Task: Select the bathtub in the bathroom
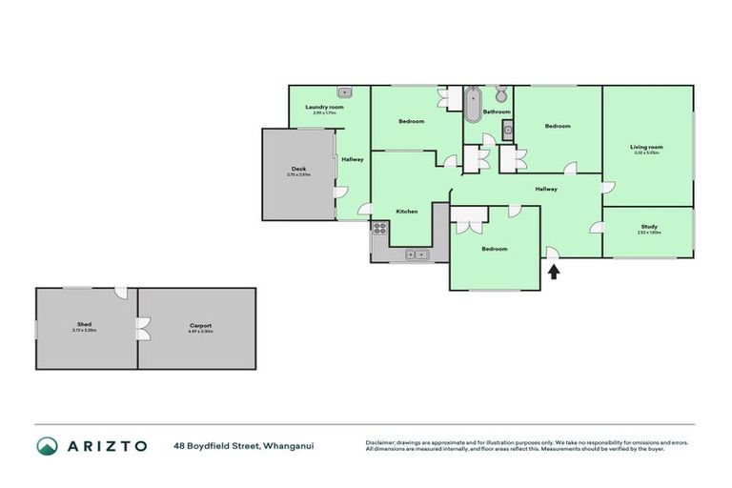coord(474,104)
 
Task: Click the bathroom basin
coord(508,130)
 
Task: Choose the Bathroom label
coord(497,112)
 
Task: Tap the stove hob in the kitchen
coord(379,228)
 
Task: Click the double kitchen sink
coord(417,254)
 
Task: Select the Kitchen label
coord(407,211)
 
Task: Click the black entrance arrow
coord(554,273)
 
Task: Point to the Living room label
coord(646,147)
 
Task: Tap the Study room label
coord(649,226)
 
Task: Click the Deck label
coord(298,169)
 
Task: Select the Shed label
coord(84,325)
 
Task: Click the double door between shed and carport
coord(141,330)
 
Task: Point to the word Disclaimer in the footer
coord(380,442)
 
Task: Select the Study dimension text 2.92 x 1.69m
coord(649,233)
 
